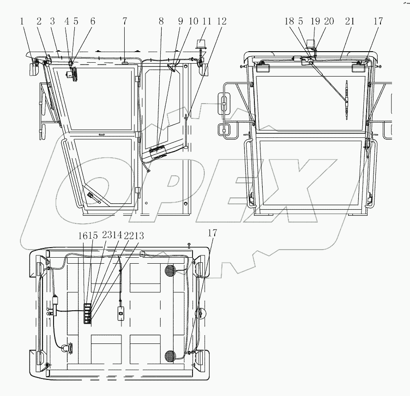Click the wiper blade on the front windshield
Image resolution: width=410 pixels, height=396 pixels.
pyautogui.click(x=347, y=100)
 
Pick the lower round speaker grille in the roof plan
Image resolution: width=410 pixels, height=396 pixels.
pyautogui.click(x=170, y=355)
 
